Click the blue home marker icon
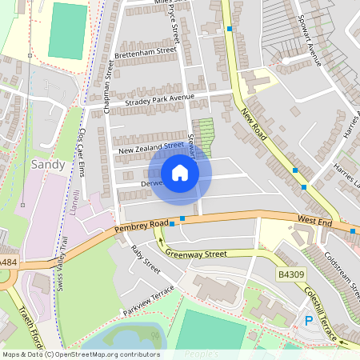180,173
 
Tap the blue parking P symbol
309,322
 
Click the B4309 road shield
292,274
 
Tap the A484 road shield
6,262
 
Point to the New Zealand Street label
150,148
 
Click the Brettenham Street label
145,51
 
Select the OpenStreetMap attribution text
81,354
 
